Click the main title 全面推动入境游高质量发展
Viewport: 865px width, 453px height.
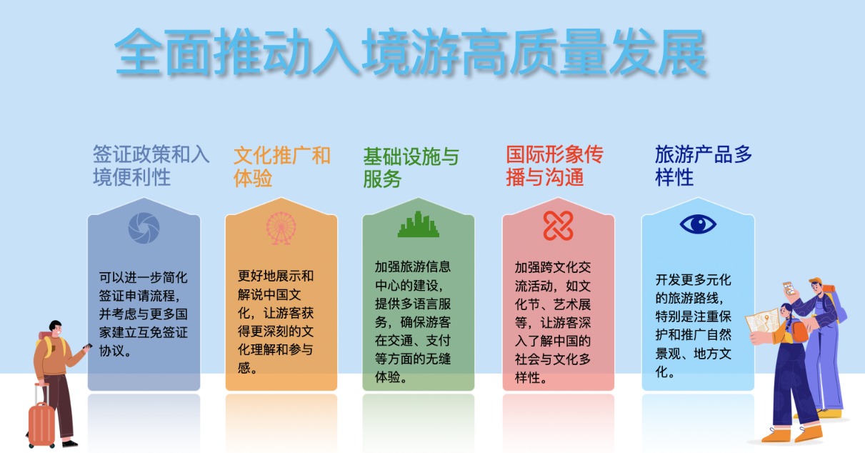[411, 51]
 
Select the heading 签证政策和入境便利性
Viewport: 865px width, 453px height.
[151, 166]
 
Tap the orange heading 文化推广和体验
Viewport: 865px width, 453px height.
[282, 166]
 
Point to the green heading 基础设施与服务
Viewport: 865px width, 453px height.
[411, 167]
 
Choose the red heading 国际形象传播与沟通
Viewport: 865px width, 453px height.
[554, 166]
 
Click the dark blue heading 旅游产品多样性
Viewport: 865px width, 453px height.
[703, 166]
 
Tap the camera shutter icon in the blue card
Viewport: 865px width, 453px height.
[144, 228]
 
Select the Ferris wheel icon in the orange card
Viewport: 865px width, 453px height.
[281, 228]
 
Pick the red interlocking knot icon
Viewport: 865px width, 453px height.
[558, 226]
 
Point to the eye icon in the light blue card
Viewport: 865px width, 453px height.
[698, 224]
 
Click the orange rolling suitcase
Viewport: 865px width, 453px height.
[41, 421]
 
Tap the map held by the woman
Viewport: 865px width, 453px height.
[764, 322]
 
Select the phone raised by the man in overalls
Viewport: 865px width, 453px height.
[789, 288]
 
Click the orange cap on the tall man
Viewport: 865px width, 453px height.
[816, 281]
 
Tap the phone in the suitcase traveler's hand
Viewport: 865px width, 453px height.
[88, 347]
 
